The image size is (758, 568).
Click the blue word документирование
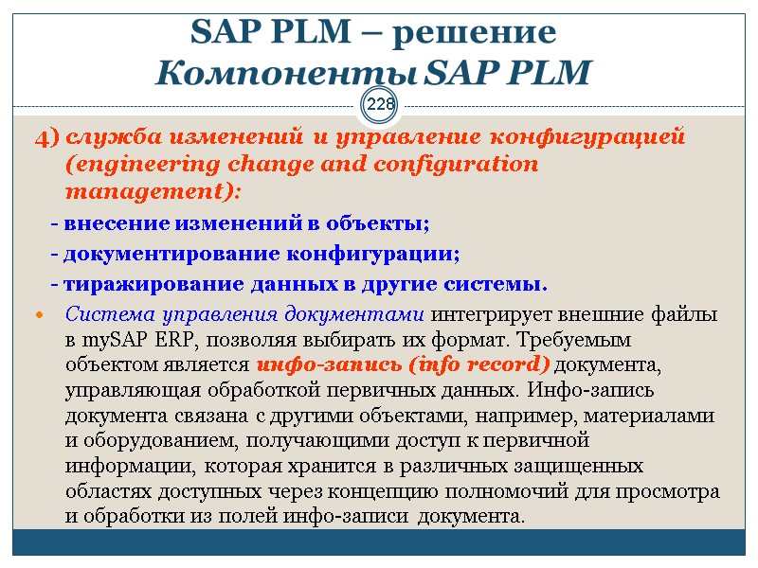tap(166, 254)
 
